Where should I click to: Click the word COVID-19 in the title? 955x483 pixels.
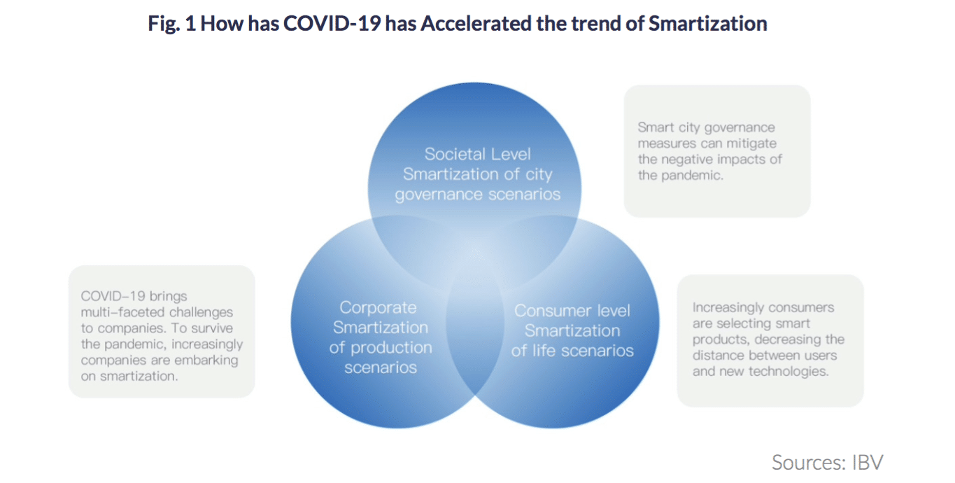(x=332, y=23)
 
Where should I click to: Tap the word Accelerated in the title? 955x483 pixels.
(x=476, y=23)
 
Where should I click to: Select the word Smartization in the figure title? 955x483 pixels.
(x=708, y=23)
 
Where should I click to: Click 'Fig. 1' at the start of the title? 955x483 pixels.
(x=172, y=24)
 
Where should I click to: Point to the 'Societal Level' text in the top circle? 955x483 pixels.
(x=477, y=154)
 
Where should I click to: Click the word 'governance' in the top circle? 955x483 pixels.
(x=439, y=195)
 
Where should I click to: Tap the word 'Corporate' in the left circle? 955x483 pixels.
(x=379, y=307)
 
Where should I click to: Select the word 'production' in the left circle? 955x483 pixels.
(x=391, y=348)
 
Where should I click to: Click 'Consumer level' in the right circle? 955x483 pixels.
(x=572, y=311)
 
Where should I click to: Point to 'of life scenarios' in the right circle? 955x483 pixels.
(x=572, y=351)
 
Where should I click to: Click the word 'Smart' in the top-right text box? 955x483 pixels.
(x=656, y=127)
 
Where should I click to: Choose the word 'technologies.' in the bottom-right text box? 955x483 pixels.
(x=788, y=372)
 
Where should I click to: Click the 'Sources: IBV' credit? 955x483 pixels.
(x=828, y=463)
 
